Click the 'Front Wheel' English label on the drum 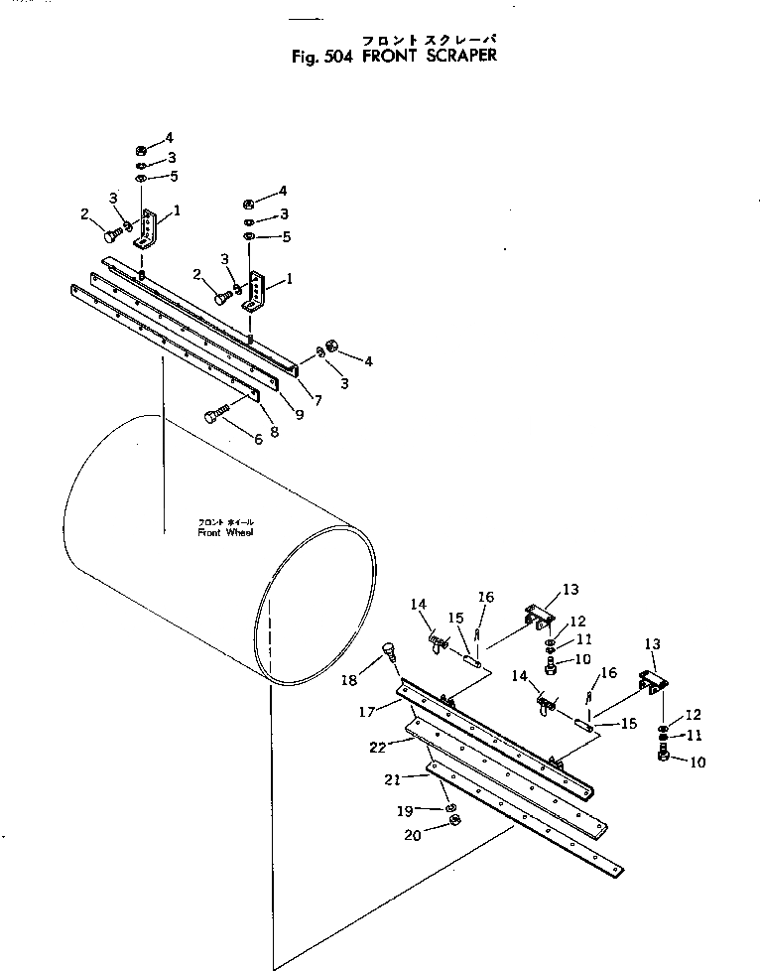tap(225, 532)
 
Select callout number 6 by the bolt tap(257, 439)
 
